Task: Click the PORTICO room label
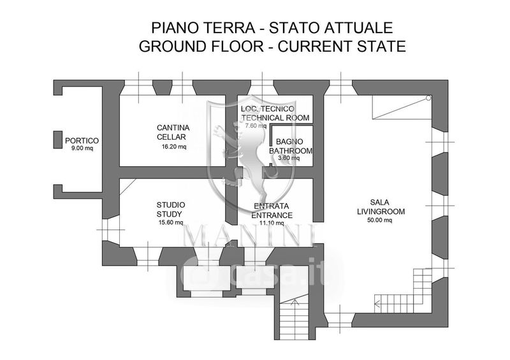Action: (x=82, y=140)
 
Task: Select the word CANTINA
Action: (x=173, y=127)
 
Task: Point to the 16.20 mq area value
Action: (x=173, y=147)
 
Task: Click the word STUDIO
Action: (x=170, y=205)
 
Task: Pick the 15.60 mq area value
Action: (x=170, y=222)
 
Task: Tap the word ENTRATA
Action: (x=272, y=206)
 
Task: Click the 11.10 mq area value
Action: (x=272, y=224)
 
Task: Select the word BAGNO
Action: (x=291, y=141)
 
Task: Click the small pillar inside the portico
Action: (x=58, y=140)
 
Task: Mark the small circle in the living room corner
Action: (x=429, y=98)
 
